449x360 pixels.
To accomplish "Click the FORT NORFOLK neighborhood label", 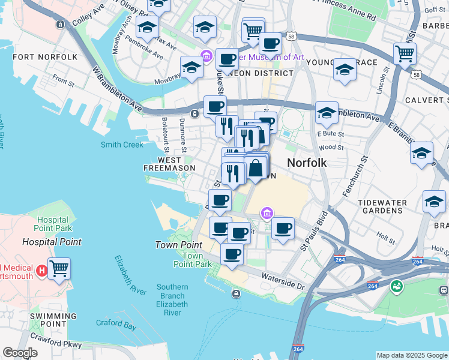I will pyautogui.click(x=45, y=57).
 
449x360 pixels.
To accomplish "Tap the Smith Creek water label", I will pyautogui.click(x=122, y=145).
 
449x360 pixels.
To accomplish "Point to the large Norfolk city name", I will pyautogui.click(x=307, y=163).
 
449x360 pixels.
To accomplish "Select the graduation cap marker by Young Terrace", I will pyautogui.click(x=345, y=68).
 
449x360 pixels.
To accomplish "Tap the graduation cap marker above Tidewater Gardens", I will pyautogui.click(x=434, y=201).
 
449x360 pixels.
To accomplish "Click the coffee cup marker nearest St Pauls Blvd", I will pyautogui.click(x=283, y=227).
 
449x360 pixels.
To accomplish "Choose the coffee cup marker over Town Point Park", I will pyautogui.click(x=232, y=253).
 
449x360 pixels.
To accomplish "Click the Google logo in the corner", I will pyautogui.click(x=20, y=353).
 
